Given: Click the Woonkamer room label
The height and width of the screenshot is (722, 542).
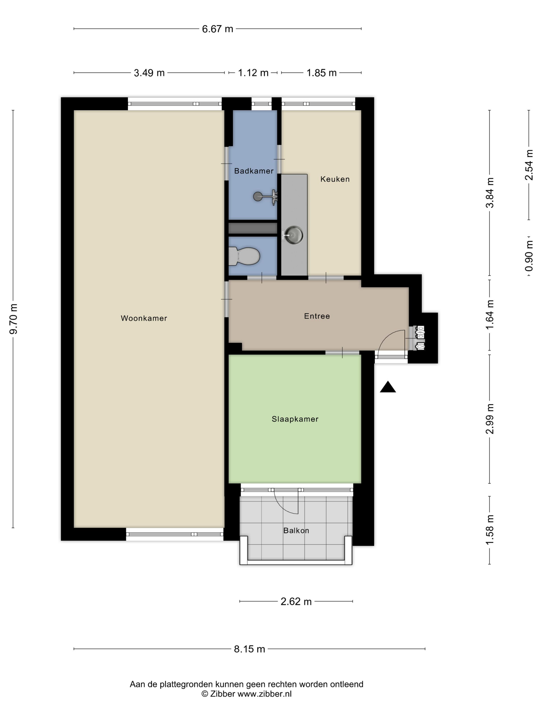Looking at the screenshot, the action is tap(144, 318).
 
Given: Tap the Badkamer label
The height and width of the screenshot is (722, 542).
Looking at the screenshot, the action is tap(254, 171).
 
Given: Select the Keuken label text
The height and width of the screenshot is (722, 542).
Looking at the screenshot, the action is tap(335, 179).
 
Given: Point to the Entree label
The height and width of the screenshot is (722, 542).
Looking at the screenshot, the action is tap(317, 316).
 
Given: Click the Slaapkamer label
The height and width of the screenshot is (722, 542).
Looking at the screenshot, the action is tap(295, 419).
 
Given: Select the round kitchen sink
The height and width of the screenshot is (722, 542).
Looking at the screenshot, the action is tap(293, 235).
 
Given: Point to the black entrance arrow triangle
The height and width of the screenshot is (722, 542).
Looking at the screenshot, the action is tap(388, 387).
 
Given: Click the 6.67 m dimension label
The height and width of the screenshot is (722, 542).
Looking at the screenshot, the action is tap(217, 29).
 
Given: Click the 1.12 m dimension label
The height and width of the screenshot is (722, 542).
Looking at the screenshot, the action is tap(253, 73).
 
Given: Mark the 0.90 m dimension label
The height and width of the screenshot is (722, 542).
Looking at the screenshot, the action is tap(529, 256).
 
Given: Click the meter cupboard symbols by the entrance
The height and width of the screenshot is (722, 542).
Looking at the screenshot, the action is tap(419, 338).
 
